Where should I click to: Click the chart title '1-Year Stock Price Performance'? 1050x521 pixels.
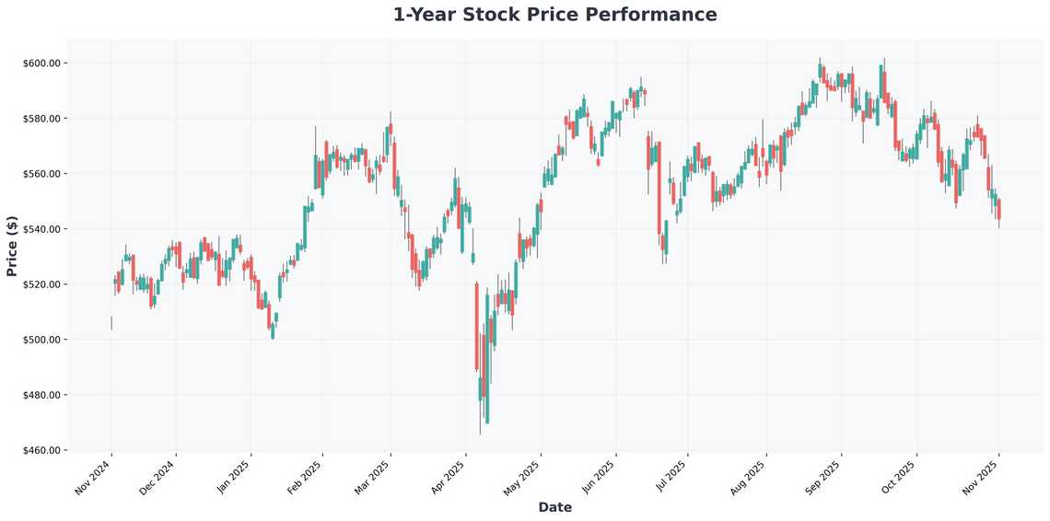point(554,15)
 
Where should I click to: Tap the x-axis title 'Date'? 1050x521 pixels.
point(554,507)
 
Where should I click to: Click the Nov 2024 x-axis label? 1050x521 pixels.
point(93,479)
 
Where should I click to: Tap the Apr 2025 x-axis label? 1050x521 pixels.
point(448,479)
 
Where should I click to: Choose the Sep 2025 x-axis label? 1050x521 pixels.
point(822,479)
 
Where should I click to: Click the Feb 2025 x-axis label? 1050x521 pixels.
point(305,479)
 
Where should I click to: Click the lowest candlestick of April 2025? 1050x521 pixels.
point(487,405)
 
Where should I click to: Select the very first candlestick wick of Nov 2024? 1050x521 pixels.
point(111,323)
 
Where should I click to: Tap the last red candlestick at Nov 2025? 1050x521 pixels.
point(998,209)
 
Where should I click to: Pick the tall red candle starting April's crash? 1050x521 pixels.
point(477,327)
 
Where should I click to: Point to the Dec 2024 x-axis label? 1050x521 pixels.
point(157,479)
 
